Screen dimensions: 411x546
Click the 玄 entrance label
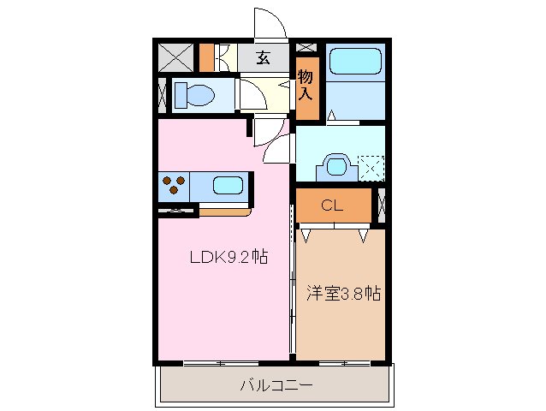click(264, 58)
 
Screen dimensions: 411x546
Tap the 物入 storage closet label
click(306, 86)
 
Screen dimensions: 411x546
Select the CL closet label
click(333, 205)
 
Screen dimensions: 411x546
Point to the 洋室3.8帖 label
click(343, 293)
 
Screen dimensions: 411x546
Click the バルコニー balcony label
click(276, 386)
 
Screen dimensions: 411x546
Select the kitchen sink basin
click(226, 185)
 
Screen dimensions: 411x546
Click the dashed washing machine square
click(371, 166)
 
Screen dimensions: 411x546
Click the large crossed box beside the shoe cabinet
click(176, 57)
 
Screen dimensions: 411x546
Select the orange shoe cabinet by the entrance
click(206, 57)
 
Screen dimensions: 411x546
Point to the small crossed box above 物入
click(307, 47)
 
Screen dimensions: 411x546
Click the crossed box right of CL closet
click(381, 206)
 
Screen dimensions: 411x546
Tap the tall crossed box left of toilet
click(162, 94)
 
